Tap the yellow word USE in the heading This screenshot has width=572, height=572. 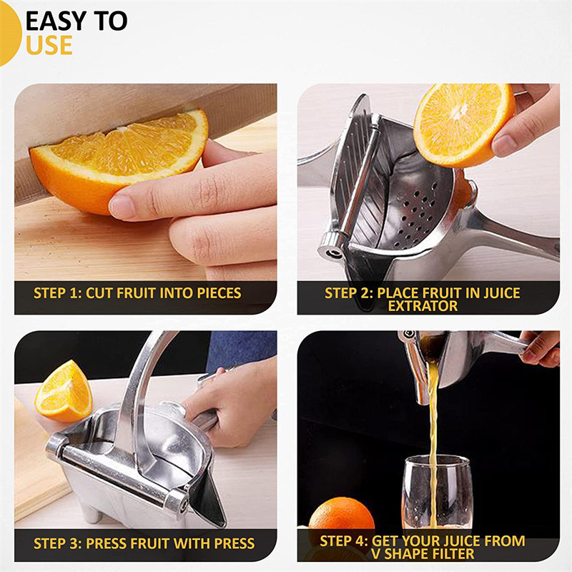tap(49, 45)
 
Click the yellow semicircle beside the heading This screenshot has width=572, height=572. tap(10, 34)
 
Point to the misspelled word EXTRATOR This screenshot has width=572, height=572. tap(423, 306)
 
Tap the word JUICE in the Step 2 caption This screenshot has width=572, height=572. tap(502, 293)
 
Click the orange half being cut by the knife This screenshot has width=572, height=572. tap(117, 160)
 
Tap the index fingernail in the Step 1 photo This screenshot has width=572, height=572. tap(122, 207)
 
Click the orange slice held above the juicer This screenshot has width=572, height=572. tap(464, 124)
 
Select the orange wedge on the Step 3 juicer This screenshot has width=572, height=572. tap(64, 391)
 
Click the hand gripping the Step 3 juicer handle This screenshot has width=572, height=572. tap(234, 401)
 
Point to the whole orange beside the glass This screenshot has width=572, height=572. tap(342, 514)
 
